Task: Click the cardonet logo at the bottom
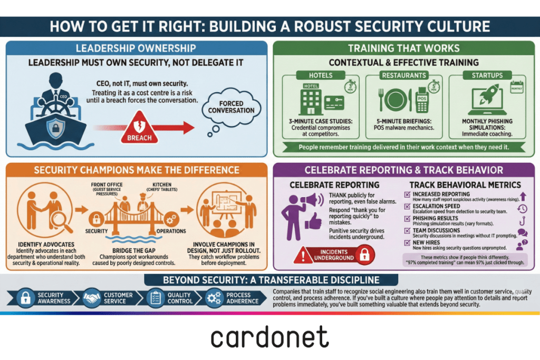point(269,337)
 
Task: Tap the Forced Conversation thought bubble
point(231,107)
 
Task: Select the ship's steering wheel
point(56,105)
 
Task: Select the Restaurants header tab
point(403,75)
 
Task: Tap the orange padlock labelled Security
point(96,218)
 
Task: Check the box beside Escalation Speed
point(407,207)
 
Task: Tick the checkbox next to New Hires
point(407,242)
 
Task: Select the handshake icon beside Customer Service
point(92,298)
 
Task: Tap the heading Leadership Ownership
point(136,48)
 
